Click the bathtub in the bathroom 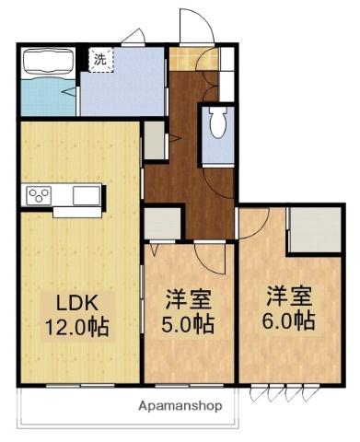tap(49, 62)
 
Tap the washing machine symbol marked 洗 tap(101, 59)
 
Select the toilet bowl tap(218, 122)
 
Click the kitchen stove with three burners tap(39, 196)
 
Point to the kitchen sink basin tap(87, 195)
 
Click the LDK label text tap(76, 303)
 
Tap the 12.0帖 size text tap(77, 327)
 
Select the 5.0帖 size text tap(188, 324)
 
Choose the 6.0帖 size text tap(288, 320)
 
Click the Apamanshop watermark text tap(180, 406)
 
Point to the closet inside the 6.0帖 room tap(316, 229)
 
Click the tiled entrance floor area tap(194, 59)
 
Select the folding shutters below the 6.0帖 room tap(285, 392)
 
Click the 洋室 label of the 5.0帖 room tap(189, 299)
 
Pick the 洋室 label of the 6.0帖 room tap(289, 296)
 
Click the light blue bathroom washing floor tap(49, 97)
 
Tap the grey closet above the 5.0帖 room tap(162, 224)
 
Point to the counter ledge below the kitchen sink tap(77, 213)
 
